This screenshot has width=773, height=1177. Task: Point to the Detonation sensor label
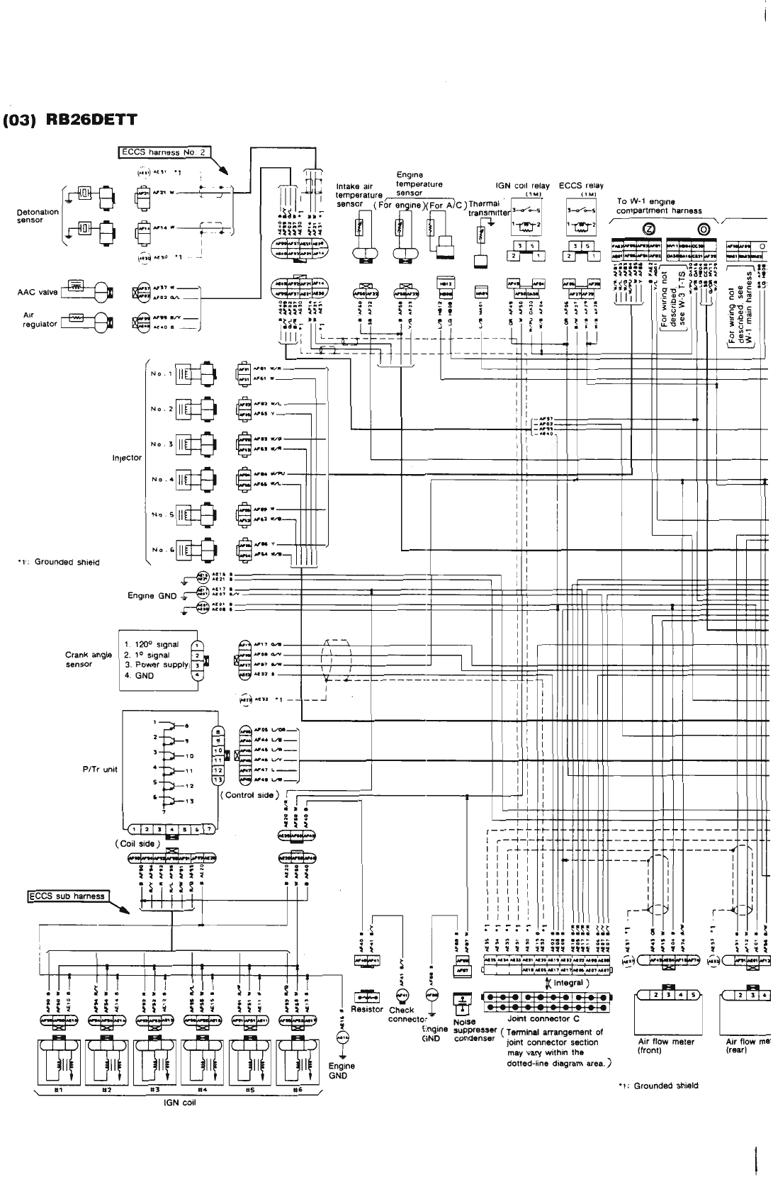(x=38, y=216)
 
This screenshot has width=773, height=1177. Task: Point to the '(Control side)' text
(x=250, y=795)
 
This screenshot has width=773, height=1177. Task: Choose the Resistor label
(x=367, y=1009)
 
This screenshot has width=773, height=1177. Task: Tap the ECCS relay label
(x=581, y=186)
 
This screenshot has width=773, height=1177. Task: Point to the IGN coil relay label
(x=523, y=186)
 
